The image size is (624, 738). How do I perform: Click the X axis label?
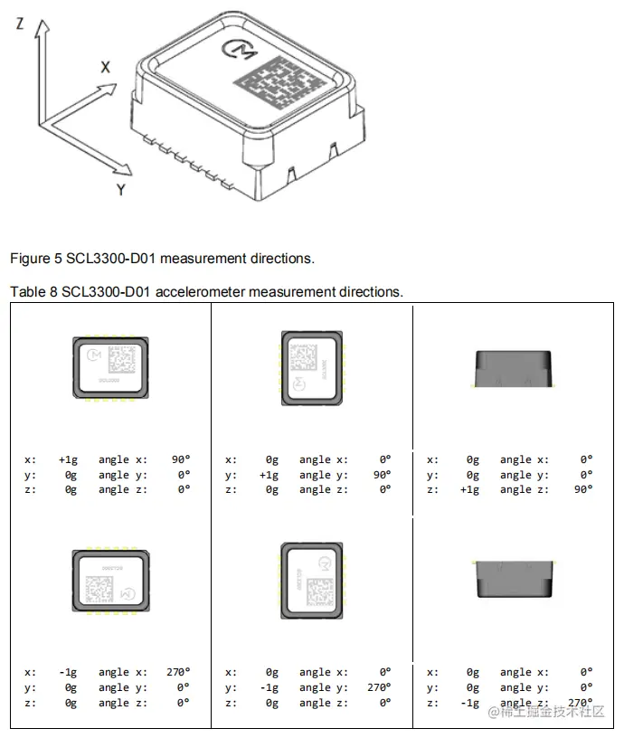pos(105,66)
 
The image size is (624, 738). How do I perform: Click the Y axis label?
pos(119,189)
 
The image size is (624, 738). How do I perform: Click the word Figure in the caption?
pos(27,259)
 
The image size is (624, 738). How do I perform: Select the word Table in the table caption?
pos(25,292)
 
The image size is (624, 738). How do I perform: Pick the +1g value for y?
pos(269,475)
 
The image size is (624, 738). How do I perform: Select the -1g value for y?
pos(269,687)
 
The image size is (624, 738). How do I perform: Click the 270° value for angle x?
pos(178,672)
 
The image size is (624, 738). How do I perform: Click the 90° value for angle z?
pos(583,489)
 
